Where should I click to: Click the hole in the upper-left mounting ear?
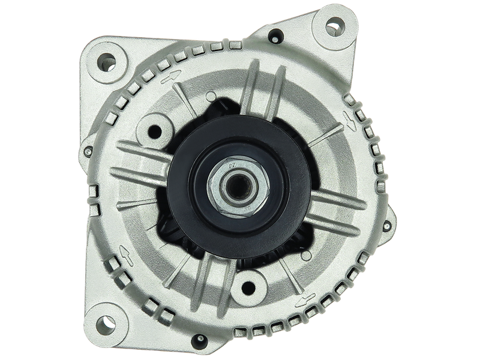coord(108,60)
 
